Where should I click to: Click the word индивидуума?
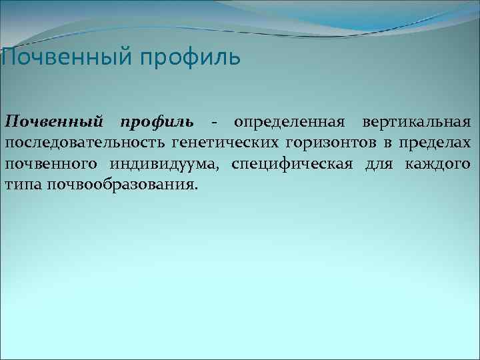coord(163,164)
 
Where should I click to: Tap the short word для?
coord(378,164)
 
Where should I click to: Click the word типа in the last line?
coord(23,183)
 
